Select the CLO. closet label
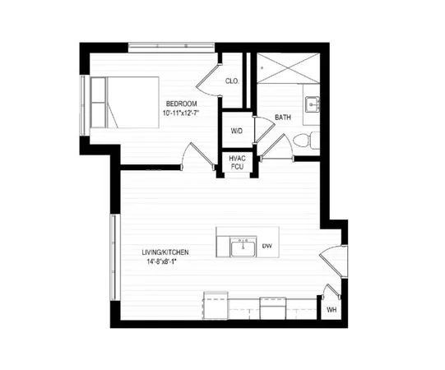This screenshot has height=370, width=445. click(x=232, y=81)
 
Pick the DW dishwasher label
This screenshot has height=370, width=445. click(x=267, y=246)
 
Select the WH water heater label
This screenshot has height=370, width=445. click(x=331, y=309)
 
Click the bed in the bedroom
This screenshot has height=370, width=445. click(x=122, y=103)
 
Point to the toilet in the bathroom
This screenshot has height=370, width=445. click(x=306, y=140)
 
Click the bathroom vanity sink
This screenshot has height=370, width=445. click(x=313, y=105)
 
